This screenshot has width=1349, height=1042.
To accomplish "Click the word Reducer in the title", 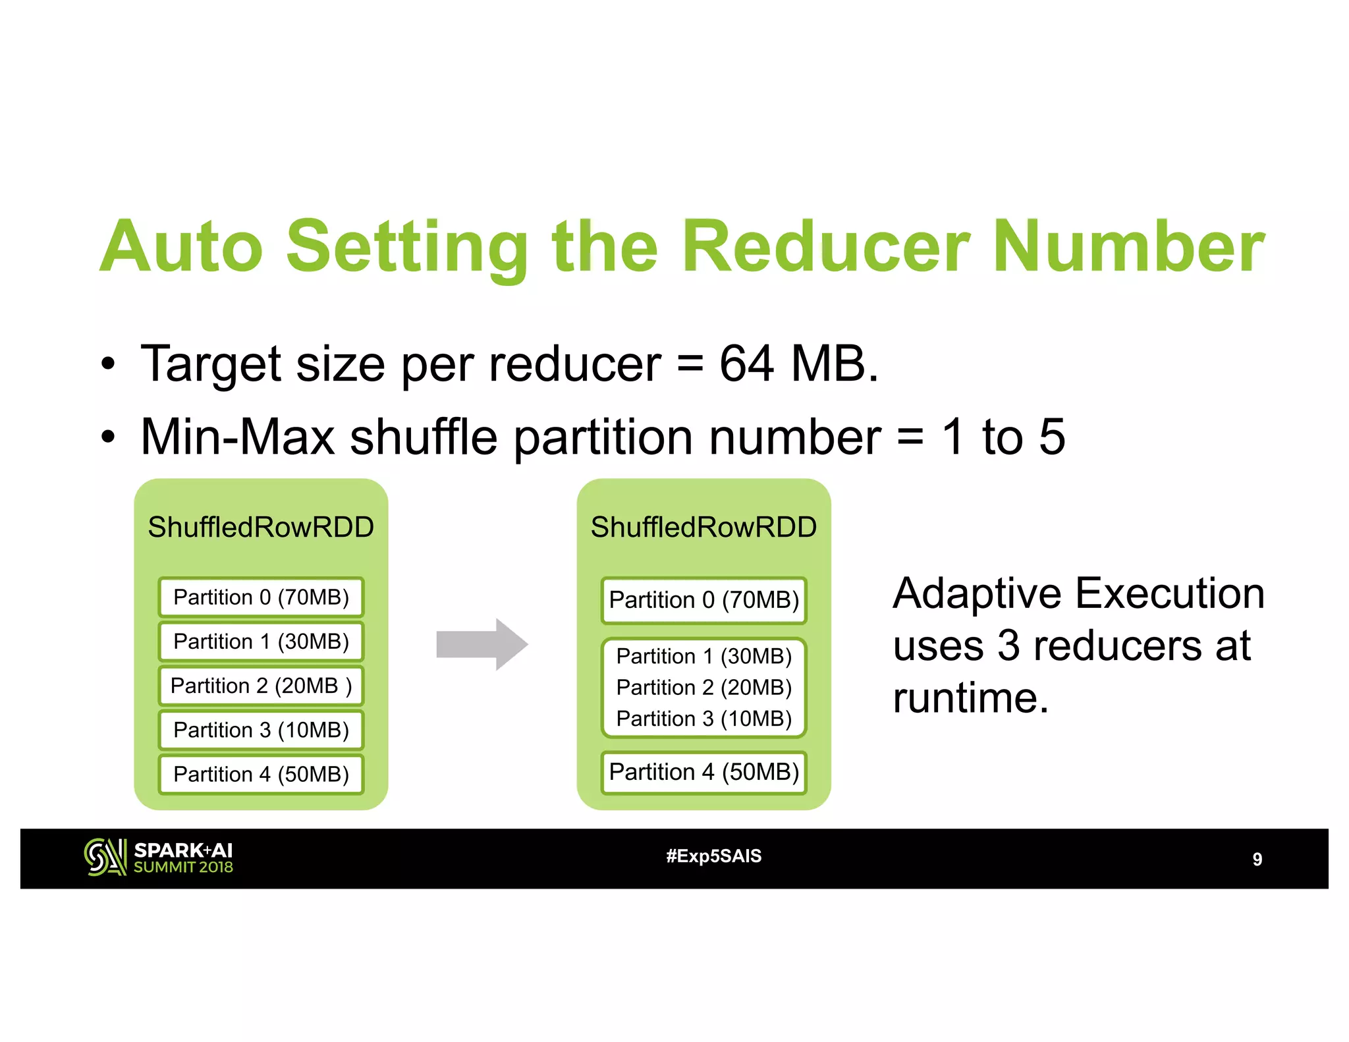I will tap(825, 246).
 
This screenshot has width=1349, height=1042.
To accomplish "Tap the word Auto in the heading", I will tap(182, 246).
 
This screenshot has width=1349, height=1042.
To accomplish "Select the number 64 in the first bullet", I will tap(746, 364).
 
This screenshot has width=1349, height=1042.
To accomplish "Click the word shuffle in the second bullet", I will tap(423, 437).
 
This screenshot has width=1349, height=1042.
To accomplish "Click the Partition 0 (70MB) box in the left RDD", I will tap(261, 597).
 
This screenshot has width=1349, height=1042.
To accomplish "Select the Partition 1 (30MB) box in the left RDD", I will tap(261, 642).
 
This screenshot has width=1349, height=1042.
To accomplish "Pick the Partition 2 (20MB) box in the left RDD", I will tap(261, 686).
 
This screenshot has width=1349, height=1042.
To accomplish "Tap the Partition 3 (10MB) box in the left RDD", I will tap(261, 730).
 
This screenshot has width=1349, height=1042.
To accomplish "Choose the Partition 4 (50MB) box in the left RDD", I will tap(261, 774).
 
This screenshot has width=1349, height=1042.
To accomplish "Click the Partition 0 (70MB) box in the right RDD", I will tap(703, 600).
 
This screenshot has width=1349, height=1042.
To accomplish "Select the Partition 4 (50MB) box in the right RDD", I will tap(703, 772).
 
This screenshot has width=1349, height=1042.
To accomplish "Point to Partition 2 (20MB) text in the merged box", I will tap(703, 688).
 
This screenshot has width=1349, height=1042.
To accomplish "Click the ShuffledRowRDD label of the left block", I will tap(261, 527).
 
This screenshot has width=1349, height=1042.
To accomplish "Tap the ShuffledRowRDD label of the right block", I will tap(703, 527).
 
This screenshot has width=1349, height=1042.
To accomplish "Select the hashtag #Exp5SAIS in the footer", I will tap(713, 856).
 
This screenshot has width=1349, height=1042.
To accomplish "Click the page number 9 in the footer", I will tap(1257, 859).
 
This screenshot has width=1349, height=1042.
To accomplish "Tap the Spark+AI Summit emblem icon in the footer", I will tap(105, 857).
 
